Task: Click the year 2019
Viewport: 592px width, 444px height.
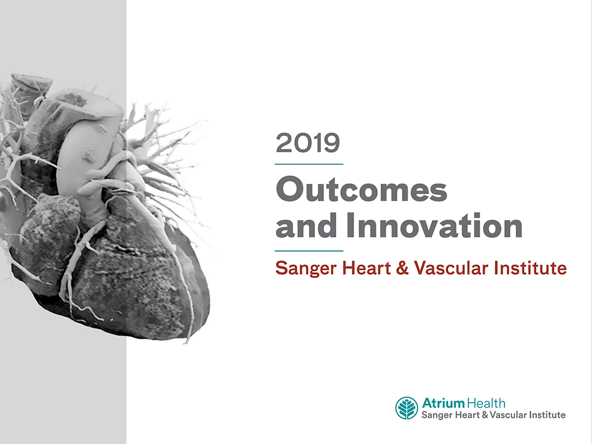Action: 308,144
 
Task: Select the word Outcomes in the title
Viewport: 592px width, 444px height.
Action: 361,191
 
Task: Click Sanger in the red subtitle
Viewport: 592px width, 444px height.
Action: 304,269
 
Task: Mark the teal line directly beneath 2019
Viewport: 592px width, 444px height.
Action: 309,164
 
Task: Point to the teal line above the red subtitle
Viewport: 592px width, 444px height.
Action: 309,250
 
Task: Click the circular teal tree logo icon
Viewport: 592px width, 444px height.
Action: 407,408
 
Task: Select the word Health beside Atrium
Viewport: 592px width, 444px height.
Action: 486,403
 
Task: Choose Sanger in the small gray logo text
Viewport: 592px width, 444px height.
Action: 437,415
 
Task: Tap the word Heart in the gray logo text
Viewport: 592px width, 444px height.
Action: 468,415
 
